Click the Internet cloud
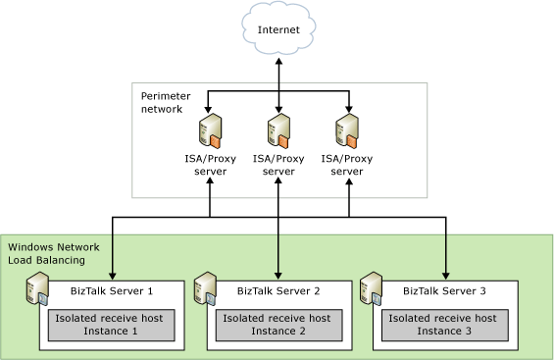[278, 29]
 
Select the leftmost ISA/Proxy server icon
[210, 132]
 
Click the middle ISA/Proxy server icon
[278, 132]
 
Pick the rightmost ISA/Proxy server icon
[347, 132]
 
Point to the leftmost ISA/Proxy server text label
[210, 164]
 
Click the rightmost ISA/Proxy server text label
[347, 164]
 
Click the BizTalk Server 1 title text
[112, 291]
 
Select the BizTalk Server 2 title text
[278, 291]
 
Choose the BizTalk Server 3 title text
[444, 291]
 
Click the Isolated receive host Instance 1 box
[111, 325]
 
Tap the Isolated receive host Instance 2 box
[277, 325]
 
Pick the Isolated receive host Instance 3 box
[444, 325]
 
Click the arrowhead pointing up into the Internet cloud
[278, 61]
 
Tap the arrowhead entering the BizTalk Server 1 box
[113, 276]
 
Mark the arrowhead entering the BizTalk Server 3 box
[446, 276]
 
